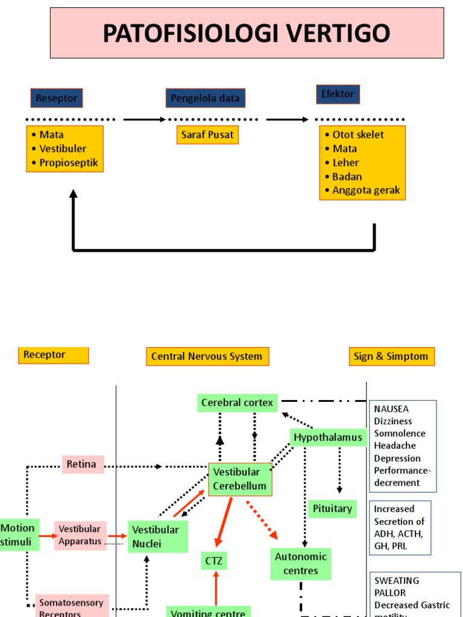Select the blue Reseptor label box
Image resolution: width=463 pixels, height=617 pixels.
pyautogui.click(x=56, y=98)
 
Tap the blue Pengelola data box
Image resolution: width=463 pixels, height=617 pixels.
pyautogui.click(x=205, y=98)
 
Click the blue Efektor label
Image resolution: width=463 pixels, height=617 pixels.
pyautogui.click(x=338, y=94)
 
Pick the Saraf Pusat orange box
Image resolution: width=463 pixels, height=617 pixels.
pyautogui.click(x=207, y=135)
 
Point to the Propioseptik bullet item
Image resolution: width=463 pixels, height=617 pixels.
pyautogui.click(x=68, y=163)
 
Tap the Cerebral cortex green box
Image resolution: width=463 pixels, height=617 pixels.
pyautogui.click(x=237, y=402)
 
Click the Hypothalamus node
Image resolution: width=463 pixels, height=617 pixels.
pyautogui.click(x=328, y=437)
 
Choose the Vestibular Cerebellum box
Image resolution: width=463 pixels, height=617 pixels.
pyautogui.click(x=239, y=479)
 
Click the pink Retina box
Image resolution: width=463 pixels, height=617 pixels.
pyautogui.click(x=83, y=465)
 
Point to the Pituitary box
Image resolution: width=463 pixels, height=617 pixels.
pyautogui.click(x=332, y=509)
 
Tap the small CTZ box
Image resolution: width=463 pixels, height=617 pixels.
pyautogui.click(x=214, y=562)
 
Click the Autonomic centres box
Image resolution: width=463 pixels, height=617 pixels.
pyautogui.click(x=300, y=564)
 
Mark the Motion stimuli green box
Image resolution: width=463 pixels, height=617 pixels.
pyautogui.click(x=19, y=534)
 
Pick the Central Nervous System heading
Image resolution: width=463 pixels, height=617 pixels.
pyautogui.click(x=207, y=356)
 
